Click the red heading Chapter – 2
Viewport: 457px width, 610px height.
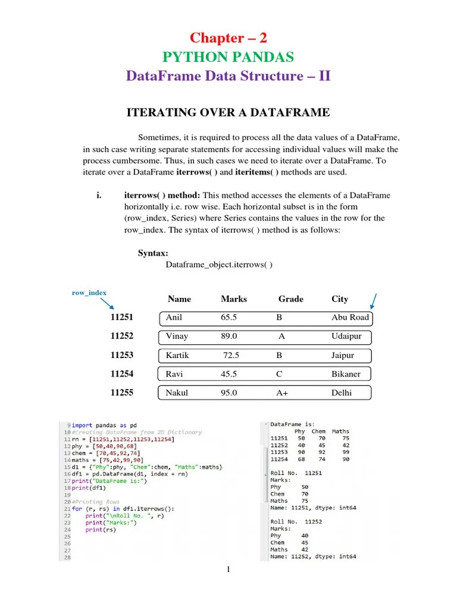click(228, 38)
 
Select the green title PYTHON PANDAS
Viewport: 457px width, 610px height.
click(228, 57)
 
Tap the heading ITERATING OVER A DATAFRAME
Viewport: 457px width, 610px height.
click(229, 113)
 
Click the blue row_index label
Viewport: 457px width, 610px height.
click(89, 292)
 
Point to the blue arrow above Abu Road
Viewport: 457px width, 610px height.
click(376, 301)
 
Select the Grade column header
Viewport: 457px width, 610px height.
click(290, 299)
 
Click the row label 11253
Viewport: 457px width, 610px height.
click(122, 355)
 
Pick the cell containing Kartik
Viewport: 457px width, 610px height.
click(177, 355)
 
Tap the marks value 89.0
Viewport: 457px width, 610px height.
click(229, 336)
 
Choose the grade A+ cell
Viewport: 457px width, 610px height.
click(282, 393)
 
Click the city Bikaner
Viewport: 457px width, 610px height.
click(346, 374)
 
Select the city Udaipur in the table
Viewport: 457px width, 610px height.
click(346, 336)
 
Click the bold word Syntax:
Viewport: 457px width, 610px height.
click(153, 253)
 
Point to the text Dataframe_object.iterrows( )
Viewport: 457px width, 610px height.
click(218, 264)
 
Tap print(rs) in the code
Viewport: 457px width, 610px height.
click(98, 530)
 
